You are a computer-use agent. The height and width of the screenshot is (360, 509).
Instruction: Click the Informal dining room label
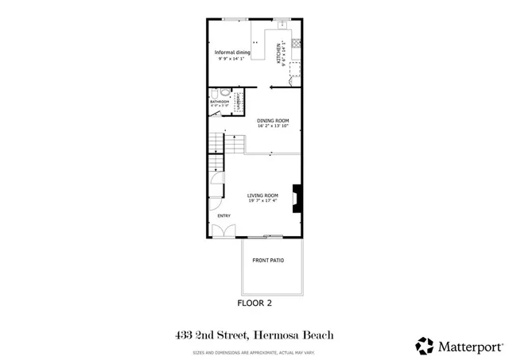pyautogui.click(x=233, y=52)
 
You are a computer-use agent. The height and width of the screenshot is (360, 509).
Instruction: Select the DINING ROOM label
pyautogui.click(x=273, y=121)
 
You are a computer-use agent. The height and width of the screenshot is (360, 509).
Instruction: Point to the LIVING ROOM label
pyautogui.click(x=262, y=195)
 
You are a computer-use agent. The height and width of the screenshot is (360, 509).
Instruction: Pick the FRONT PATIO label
pyautogui.click(x=268, y=261)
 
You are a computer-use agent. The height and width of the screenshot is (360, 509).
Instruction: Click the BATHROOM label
pyautogui.click(x=219, y=102)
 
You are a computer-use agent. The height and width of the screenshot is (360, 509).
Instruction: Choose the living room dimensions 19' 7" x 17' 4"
pyautogui.click(x=262, y=201)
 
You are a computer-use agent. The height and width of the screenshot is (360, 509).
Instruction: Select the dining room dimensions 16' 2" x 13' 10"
pyautogui.click(x=273, y=126)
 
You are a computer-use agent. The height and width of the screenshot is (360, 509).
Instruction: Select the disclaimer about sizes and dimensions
pyautogui.click(x=254, y=352)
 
